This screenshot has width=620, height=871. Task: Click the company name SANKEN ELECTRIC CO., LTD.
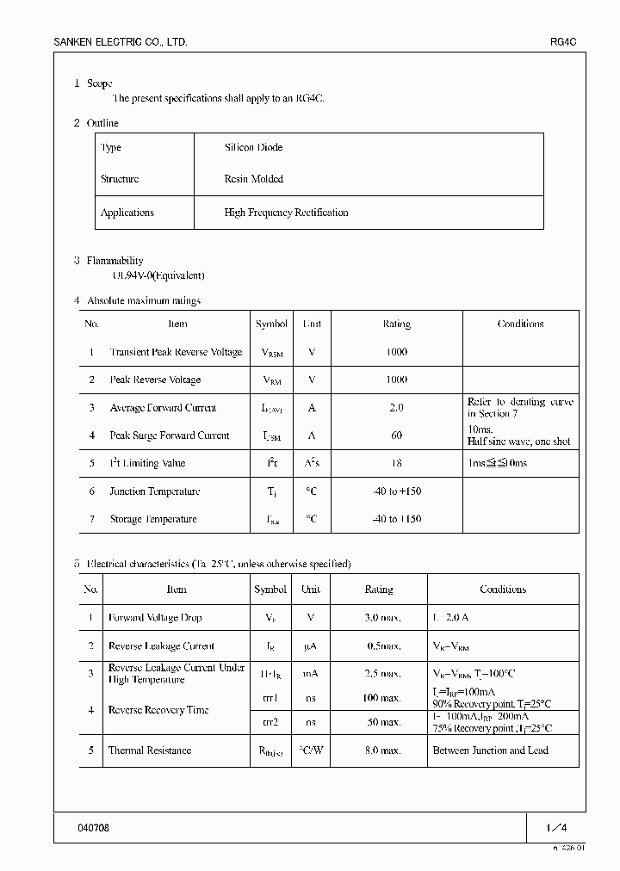tap(121, 42)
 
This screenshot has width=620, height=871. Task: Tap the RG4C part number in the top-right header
tap(563, 42)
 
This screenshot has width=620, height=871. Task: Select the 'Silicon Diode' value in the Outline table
tap(253, 148)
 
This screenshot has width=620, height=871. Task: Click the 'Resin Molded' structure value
tap(253, 180)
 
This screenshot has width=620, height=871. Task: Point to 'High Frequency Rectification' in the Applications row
tap(286, 213)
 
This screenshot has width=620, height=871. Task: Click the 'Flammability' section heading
tap(115, 261)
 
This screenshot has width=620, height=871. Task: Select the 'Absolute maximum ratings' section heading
tap(143, 301)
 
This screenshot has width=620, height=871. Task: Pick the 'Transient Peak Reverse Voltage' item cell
tap(176, 352)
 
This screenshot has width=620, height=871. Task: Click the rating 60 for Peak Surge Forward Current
tap(396, 435)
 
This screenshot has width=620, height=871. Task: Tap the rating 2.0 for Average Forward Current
tap(396, 408)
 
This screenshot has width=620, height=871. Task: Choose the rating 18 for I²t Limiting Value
tap(396, 464)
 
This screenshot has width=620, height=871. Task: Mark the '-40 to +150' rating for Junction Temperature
tap(396, 491)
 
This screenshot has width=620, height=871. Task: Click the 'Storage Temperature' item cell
tap(152, 520)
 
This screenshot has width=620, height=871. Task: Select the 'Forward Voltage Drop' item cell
tap(155, 618)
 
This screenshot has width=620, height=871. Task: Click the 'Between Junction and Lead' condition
tap(490, 751)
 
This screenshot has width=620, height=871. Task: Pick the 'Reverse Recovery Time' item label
tap(158, 710)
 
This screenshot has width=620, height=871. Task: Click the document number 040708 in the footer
tap(94, 827)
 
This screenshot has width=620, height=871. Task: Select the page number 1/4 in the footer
tap(556, 827)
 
